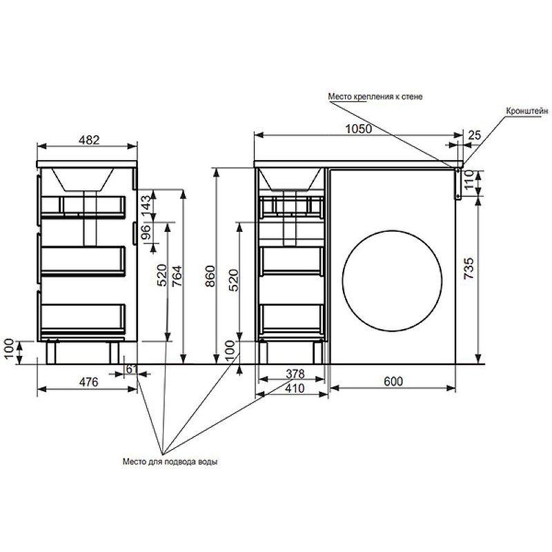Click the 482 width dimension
tap(89, 140)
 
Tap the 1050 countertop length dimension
tap(358, 129)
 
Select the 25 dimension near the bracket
tap(474, 135)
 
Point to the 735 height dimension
tap(469, 269)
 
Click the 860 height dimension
tap(210, 277)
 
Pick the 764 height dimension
tap(177, 277)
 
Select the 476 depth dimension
tap(88, 382)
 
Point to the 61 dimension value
tap(131, 369)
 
